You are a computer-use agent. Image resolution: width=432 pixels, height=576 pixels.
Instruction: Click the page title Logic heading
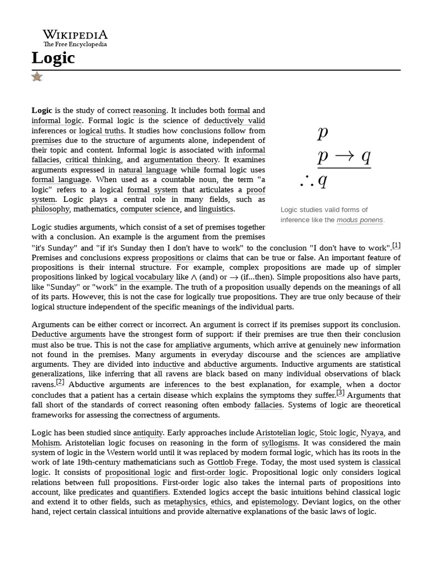point(53,57)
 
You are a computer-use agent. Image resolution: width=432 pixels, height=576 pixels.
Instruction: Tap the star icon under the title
point(37,76)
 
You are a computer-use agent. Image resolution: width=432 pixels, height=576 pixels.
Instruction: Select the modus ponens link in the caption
point(359,220)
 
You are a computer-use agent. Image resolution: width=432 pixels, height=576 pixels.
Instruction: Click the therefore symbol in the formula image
point(308,181)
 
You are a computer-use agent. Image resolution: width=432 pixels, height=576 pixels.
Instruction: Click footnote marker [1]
point(397,245)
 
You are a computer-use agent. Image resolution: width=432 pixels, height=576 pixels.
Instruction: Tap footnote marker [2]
point(60,382)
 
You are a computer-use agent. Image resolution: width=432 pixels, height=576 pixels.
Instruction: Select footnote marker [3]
point(340,392)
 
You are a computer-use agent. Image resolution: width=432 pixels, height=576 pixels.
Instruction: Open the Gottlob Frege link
point(229,462)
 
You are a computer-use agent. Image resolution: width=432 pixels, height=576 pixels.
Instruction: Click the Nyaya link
point(372,433)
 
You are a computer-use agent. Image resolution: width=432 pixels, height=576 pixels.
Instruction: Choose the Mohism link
point(46,443)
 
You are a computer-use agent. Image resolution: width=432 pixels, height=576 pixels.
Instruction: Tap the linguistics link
point(216,209)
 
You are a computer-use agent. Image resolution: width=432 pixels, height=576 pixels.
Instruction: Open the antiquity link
point(148,433)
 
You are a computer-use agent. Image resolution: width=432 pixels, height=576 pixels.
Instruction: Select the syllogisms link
point(280,443)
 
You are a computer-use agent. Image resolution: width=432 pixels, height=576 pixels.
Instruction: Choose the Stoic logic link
point(337,433)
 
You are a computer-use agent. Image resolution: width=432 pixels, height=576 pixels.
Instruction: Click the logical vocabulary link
point(142,277)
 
